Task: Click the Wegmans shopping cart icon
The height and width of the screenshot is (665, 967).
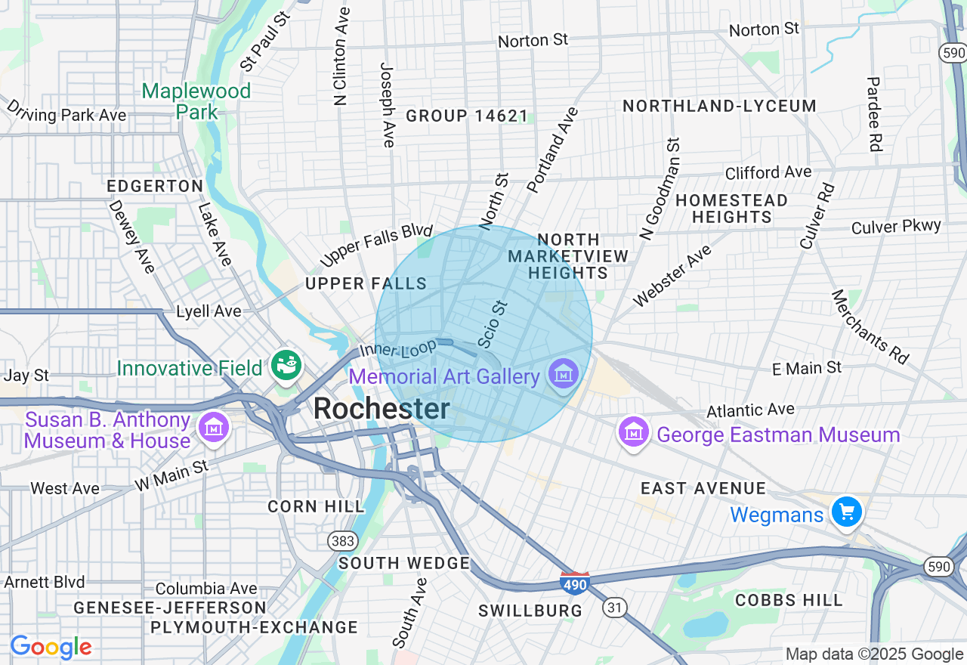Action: [x=846, y=512]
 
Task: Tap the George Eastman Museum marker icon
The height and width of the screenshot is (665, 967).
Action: [x=634, y=432]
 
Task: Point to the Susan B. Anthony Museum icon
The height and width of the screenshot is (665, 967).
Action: [x=213, y=428]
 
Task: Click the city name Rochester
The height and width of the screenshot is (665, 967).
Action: [x=382, y=409]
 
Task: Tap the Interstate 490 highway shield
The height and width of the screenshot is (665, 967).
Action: [x=574, y=582]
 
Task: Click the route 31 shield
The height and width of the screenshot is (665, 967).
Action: [x=615, y=607]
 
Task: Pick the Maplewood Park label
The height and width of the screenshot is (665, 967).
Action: [x=196, y=101]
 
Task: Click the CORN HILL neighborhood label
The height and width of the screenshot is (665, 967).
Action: [x=316, y=506]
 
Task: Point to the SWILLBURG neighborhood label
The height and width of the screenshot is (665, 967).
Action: [x=531, y=611]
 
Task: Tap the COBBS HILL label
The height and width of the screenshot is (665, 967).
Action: [x=789, y=600]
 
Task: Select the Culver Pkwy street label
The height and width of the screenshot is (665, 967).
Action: [x=896, y=227]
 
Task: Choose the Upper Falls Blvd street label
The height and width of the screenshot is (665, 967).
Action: [x=376, y=245]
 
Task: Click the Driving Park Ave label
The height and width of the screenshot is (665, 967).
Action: [x=66, y=113]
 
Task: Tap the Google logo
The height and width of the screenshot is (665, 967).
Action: [x=51, y=647]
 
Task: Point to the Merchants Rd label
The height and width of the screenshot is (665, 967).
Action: [x=870, y=326]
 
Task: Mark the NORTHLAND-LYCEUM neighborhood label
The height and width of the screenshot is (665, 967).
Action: [x=719, y=106]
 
